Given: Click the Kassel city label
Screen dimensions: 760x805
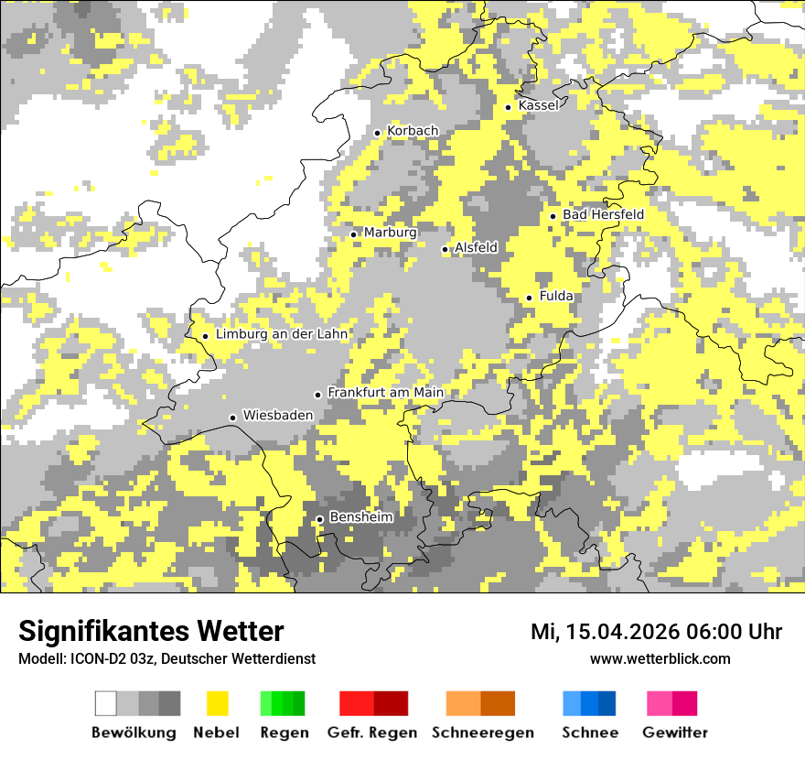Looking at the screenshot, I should tap(538, 105).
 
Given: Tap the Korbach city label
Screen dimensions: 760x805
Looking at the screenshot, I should tap(413, 131).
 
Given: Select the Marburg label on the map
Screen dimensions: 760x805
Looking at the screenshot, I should tap(390, 233).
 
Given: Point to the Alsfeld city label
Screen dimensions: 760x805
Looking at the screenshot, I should tap(476, 247).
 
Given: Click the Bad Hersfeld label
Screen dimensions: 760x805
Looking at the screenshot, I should tap(603, 214).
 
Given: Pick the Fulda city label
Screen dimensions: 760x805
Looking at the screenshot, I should tap(556, 296).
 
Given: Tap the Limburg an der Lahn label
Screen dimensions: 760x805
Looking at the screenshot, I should tap(282, 334).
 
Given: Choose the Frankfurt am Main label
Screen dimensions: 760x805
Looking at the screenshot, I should tap(385, 392).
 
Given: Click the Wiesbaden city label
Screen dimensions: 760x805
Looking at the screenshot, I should tap(277, 415).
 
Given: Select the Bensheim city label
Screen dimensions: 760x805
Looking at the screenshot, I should tap(360, 517).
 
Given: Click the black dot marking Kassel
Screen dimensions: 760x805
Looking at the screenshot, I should tap(509, 107).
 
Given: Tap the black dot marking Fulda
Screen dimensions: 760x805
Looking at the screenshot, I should tap(529, 298).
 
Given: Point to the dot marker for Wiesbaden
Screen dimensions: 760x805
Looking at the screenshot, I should tap(233, 418).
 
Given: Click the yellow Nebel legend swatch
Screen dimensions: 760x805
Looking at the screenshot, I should tap(217, 703).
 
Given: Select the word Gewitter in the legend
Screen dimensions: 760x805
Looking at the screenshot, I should tap(674, 733).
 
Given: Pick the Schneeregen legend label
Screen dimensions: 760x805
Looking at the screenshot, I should tap(482, 733).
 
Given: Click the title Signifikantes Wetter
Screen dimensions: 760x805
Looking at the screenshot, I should tap(151, 631).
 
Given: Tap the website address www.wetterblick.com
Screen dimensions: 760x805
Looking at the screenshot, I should tap(660, 658).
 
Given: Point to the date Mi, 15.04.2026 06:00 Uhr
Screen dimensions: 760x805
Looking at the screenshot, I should tap(656, 632).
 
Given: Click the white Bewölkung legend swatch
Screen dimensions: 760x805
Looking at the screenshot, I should tap(106, 703).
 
